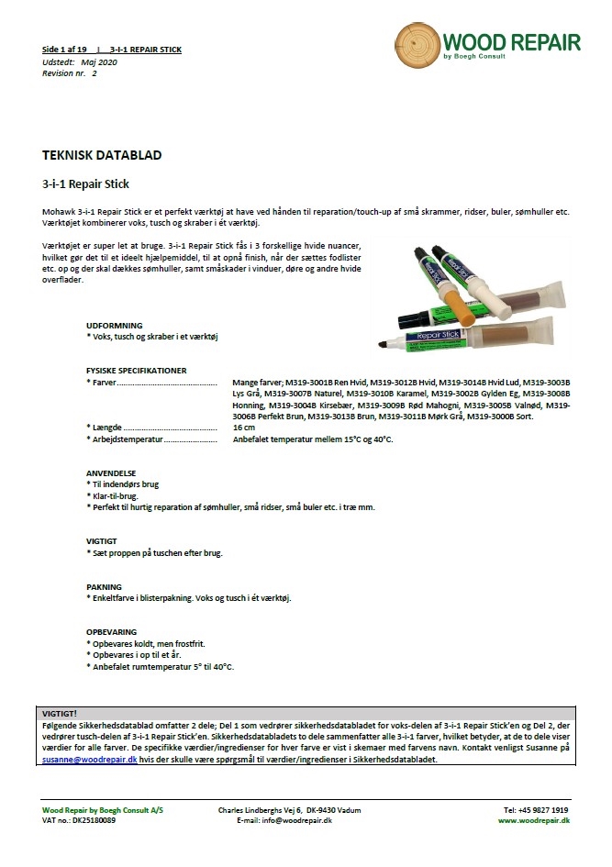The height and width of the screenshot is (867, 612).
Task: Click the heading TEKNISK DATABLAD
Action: (103, 155)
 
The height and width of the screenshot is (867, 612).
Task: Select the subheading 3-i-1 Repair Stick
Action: (88, 183)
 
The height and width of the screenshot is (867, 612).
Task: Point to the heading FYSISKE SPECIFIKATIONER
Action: (137, 371)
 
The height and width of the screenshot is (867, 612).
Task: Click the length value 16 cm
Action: (244, 428)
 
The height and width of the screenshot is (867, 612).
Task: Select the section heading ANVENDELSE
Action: (111, 473)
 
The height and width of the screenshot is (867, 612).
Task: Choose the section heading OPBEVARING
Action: (112, 631)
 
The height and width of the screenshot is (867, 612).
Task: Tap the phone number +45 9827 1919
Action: (535, 810)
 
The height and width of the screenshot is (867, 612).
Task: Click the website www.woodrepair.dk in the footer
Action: (533, 821)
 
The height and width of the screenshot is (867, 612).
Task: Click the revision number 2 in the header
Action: (94, 72)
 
